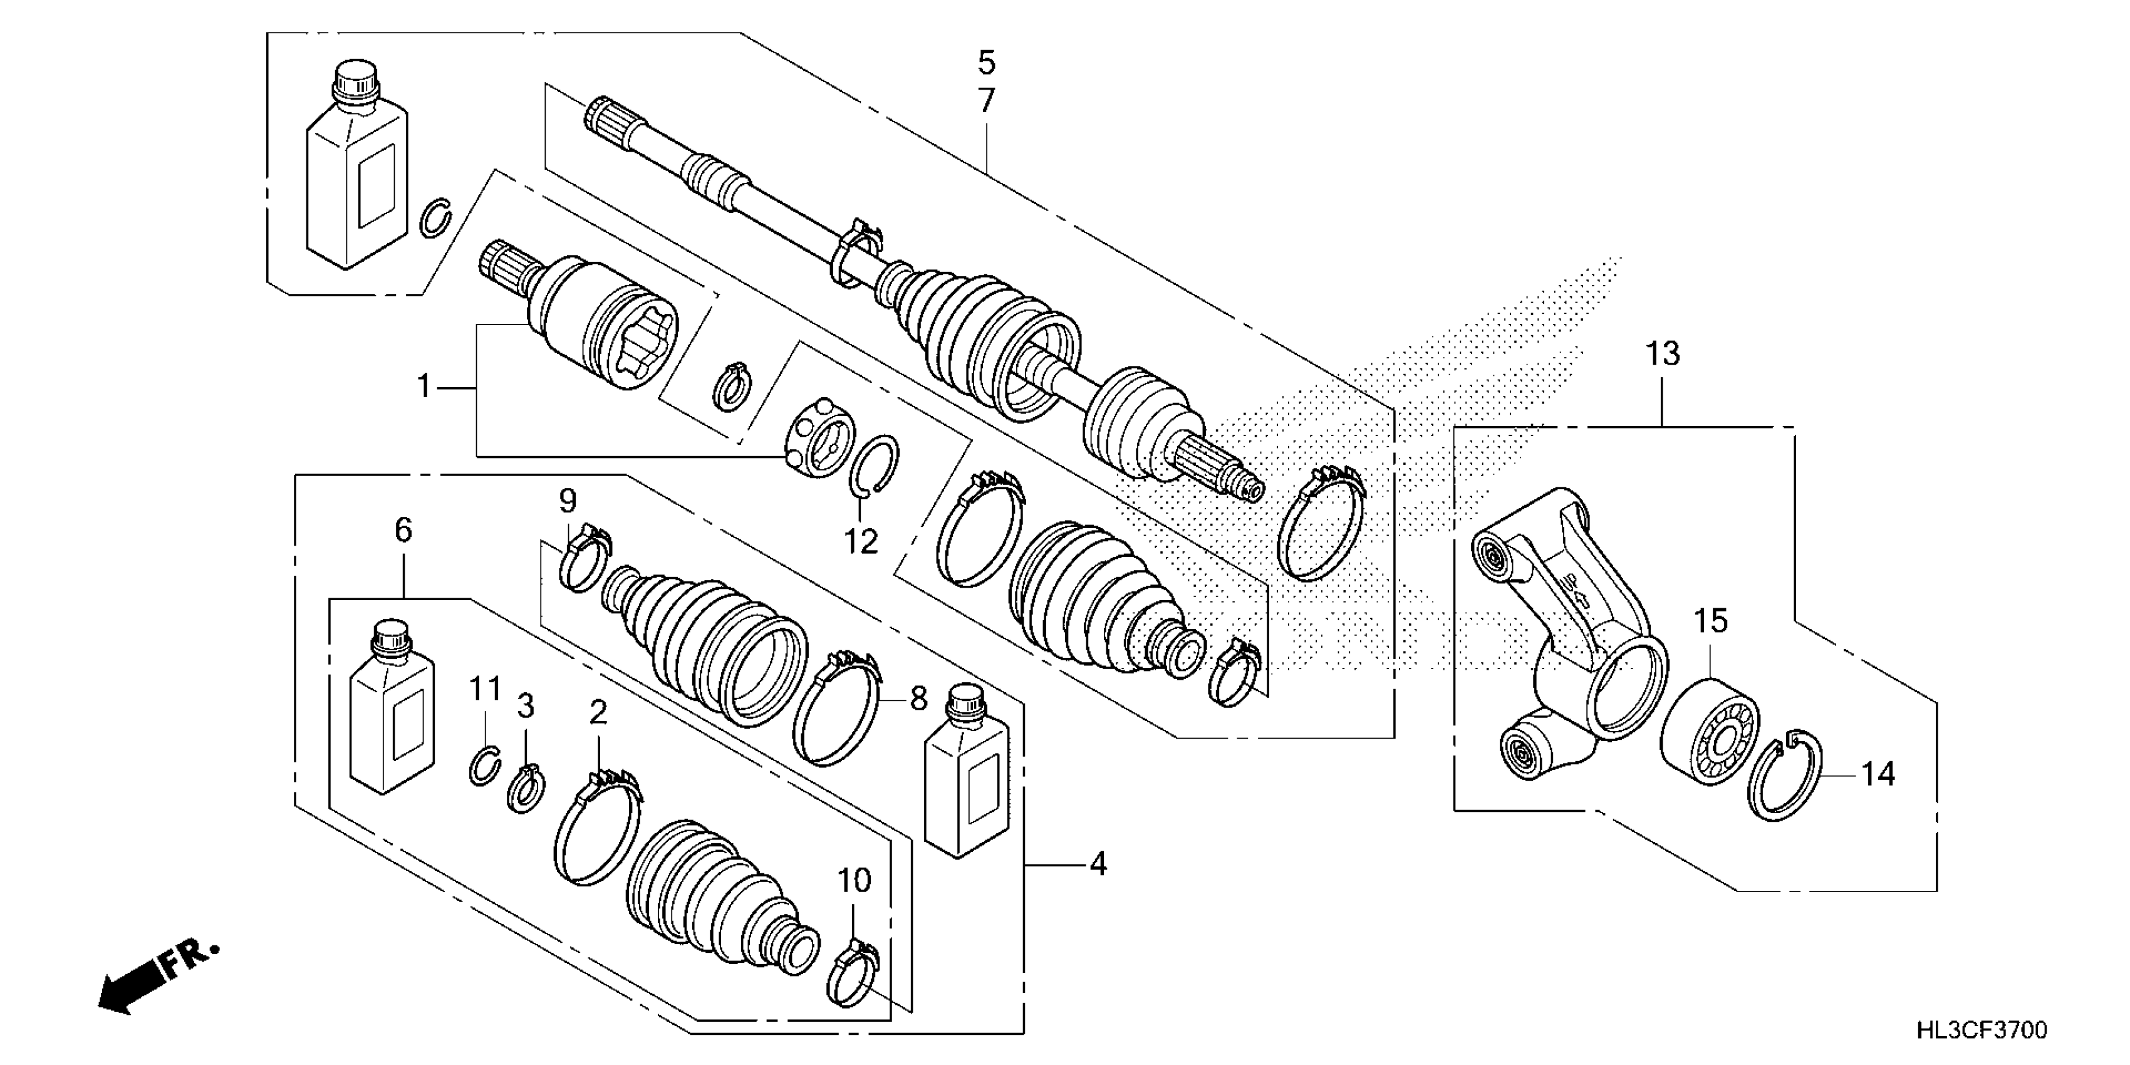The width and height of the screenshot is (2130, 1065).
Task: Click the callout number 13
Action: pyautogui.click(x=1663, y=354)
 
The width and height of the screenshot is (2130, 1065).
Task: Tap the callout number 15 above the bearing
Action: pyautogui.click(x=1710, y=621)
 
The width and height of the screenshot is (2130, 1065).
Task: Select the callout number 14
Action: pyautogui.click(x=1877, y=775)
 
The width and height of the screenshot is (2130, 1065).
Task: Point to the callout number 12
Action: pyautogui.click(x=860, y=543)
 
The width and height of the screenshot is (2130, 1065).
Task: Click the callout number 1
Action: pyautogui.click(x=424, y=386)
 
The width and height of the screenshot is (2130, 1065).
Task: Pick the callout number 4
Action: pyautogui.click(x=1097, y=864)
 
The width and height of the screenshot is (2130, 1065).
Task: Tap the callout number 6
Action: pyautogui.click(x=403, y=530)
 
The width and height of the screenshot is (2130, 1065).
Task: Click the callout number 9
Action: pyautogui.click(x=567, y=501)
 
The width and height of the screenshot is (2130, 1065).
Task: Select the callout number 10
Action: pyautogui.click(x=854, y=881)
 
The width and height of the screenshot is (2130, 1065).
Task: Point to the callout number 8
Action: pyautogui.click(x=918, y=699)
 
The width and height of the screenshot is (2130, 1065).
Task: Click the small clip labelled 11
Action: pyautogui.click(x=484, y=765)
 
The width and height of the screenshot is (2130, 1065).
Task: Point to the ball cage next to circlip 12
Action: pyautogui.click(x=815, y=439)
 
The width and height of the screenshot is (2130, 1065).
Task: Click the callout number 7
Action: pyautogui.click(x=987, y=100)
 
